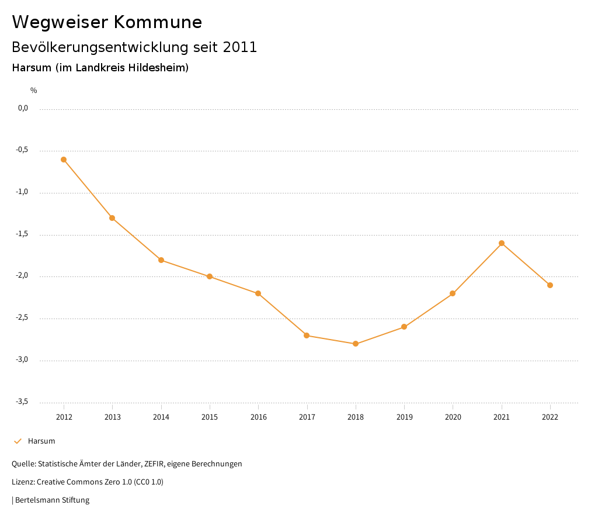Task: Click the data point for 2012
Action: click(64, 160)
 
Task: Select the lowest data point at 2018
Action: click(356, 344)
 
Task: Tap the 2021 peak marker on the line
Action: click(502, 243)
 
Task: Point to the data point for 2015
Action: click(210, 276)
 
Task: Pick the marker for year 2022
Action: click(550, 285)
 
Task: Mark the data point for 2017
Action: click(307, 335)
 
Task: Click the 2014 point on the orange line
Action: click(161, 260)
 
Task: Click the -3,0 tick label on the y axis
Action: click(22, 359)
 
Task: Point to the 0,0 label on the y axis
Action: click(23, 108)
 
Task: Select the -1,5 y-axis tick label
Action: click(22, 234)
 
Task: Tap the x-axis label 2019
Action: click(404, 417)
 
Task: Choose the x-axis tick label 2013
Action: click(113, 417)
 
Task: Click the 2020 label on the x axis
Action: click(453, 417)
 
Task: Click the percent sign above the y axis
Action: click(34, 91)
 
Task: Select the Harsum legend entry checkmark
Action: click(18, 441)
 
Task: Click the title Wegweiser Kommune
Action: click(107, 22)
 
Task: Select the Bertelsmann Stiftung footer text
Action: click(52, 500)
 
